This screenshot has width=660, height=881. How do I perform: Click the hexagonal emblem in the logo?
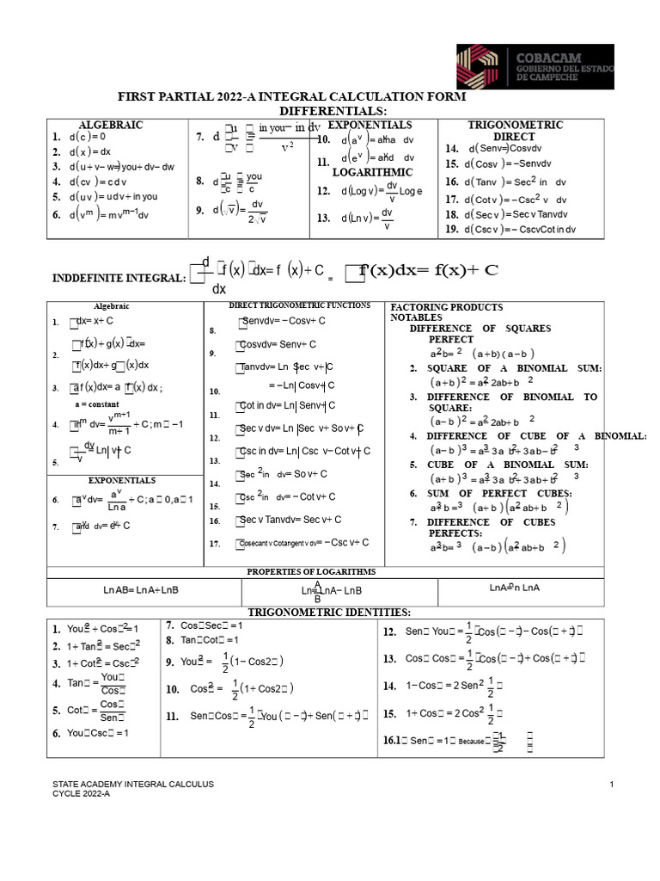pos(480,67)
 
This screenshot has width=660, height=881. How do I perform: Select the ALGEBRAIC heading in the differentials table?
pos(111,125)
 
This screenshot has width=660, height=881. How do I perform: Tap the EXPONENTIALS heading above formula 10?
pos(370,125)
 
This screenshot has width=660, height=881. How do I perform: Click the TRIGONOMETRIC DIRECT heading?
pos(515,130)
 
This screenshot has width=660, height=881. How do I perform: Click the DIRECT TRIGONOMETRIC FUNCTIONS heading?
pos(299,305)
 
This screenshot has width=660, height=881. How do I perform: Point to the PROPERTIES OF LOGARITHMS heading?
pos(310,571)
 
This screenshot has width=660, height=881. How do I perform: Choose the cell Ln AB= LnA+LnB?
pos(141,590)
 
